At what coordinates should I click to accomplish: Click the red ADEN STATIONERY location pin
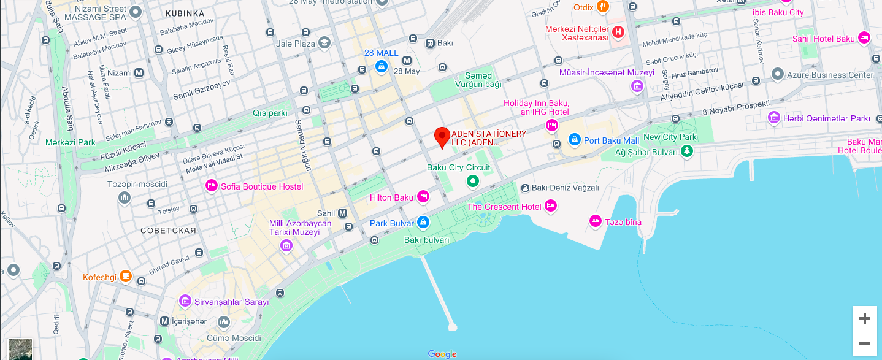[x=442, y=136]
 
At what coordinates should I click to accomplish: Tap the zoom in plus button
[x=864, y=318]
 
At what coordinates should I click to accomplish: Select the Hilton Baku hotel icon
[x=423, y=196]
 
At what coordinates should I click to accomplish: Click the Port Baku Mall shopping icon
[x=575, y=140]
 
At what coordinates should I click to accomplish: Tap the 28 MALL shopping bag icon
[x=382, y=66]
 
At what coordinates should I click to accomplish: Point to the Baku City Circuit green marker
[x=472, y=181]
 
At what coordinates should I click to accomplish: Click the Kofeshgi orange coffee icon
[x=126, y=276]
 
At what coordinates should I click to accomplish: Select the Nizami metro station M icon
[x=139, y=73]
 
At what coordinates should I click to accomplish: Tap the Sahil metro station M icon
[x=343, y=213]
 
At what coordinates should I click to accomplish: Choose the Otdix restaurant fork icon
[x=603, y=7]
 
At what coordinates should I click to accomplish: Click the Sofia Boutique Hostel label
[x=262, y=186]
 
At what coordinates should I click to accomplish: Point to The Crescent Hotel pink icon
[x=551, y=206]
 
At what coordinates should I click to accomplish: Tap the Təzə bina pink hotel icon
[x=595, y=221]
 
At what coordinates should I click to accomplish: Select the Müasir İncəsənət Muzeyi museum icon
[x=637, y=86]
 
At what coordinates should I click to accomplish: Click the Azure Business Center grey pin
[x=778, y=75]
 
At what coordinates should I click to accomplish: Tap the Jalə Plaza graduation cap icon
[x=324, y=42]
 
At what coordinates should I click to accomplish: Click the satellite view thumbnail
[x=20, y=349]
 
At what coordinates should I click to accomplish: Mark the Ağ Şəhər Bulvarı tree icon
[x=688, y=151]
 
